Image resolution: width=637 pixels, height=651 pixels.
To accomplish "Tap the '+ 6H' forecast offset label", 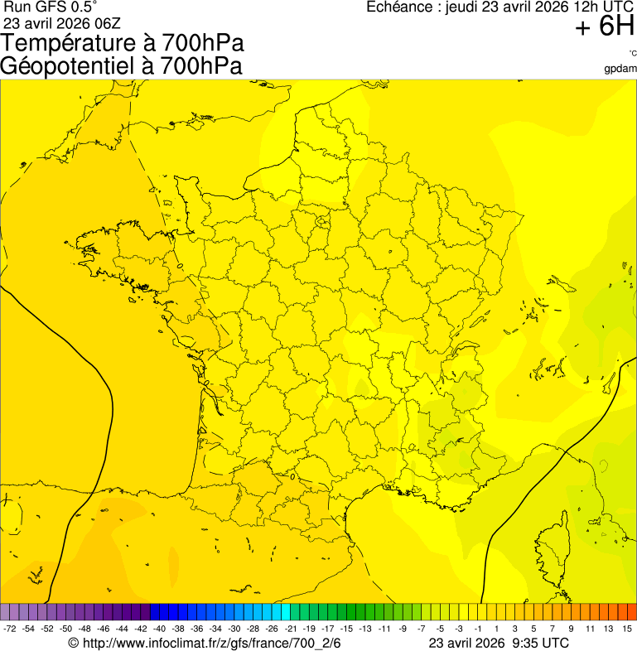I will (605, 27).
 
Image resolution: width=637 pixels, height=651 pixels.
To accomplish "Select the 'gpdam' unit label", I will (621, 69).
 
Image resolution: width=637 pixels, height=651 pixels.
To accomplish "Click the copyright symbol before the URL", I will (73, 643).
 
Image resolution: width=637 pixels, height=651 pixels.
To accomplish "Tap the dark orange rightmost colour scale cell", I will (631, 612).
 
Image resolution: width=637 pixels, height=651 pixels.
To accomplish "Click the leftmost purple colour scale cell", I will (6, 612).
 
